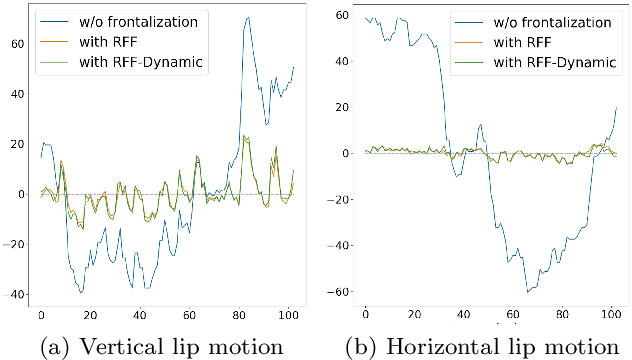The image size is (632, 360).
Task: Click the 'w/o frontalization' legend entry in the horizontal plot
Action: (530, 22)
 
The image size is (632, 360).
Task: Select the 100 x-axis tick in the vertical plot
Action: (290, 315)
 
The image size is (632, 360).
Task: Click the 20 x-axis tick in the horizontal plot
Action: (415, 315)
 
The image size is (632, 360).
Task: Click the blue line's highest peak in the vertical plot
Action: (247, 17)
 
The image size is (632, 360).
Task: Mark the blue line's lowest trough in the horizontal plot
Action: (526, 291)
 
